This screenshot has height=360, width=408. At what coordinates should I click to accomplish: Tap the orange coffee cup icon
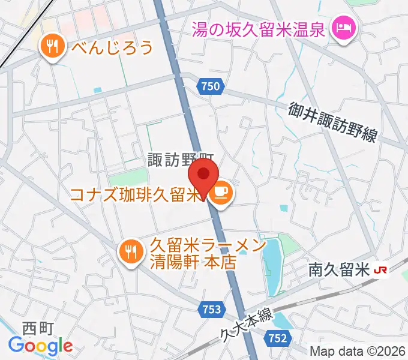[221, 191]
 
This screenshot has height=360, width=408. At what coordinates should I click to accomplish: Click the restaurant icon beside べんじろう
[53, 46]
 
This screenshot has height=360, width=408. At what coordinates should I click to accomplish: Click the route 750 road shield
[210, 87]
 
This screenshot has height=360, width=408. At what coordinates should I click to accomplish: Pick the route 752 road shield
[277, 338]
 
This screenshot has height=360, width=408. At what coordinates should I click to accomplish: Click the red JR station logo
[380, 271]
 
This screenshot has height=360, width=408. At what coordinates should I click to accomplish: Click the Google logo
[40, 345]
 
